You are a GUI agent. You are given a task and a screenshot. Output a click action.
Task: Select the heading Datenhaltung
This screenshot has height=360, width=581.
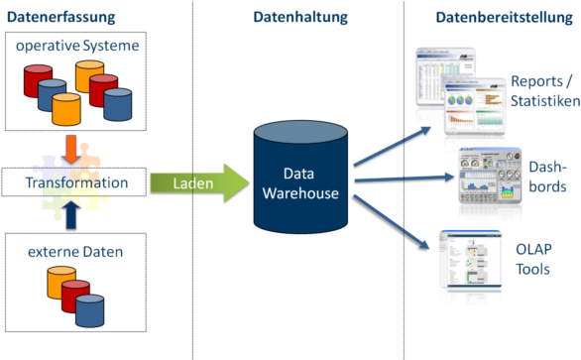(299, 17)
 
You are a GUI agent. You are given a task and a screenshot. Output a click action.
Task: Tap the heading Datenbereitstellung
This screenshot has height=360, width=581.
(505, 17)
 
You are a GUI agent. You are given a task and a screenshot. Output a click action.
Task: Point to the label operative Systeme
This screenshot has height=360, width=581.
(76, 47)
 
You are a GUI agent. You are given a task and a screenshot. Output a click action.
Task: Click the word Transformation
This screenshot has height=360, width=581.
(76, 183)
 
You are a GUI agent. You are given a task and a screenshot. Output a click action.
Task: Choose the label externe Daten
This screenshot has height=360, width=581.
(76, 252)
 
